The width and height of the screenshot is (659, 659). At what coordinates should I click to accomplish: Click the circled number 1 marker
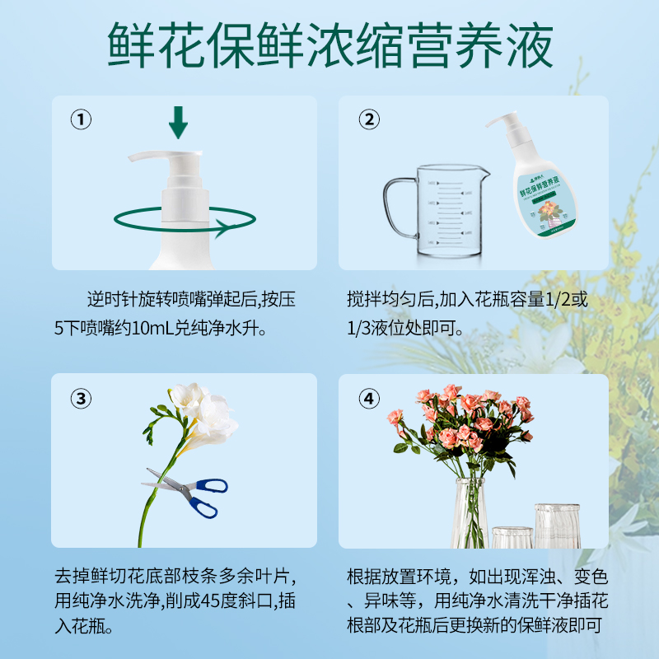[80, 121]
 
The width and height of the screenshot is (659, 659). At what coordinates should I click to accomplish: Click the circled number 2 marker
[369, 121]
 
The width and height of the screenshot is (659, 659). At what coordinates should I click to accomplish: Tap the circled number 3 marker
[80, 400]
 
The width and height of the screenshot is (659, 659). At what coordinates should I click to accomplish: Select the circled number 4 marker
[369, 400]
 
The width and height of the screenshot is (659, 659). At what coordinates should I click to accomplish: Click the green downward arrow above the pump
[178, 124]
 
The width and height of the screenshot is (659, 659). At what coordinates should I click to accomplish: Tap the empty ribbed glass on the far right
[557, 526]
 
